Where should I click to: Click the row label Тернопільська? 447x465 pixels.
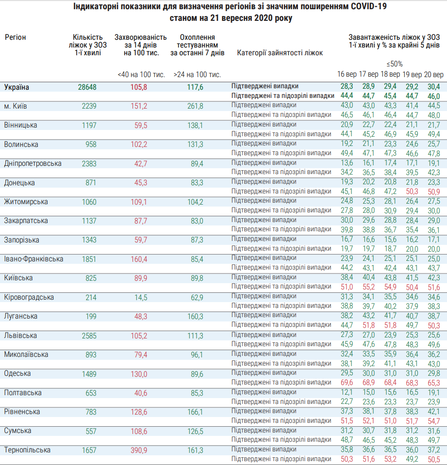coord(27,450)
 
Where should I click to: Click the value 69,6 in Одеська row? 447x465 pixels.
coord(347,383)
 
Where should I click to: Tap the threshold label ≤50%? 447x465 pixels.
coord(395,64)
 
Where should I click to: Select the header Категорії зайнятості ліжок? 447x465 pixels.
coord(280,53)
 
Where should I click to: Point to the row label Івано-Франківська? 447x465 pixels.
coord(33,259)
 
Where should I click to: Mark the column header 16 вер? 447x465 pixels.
coord(348,75)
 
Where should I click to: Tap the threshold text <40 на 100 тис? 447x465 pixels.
coord(141,75)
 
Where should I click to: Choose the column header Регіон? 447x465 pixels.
coord(16,37)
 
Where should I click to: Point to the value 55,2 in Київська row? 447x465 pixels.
coord(368,288)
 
